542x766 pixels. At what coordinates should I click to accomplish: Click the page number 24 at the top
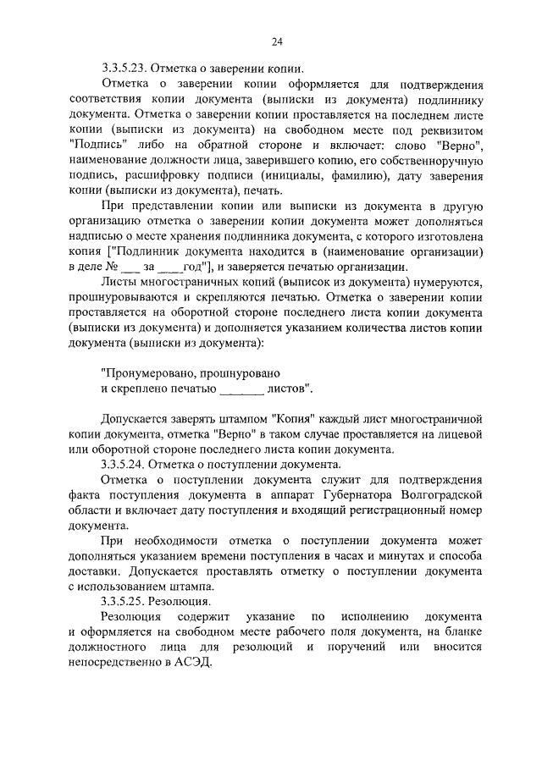click(x=276, y=41)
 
